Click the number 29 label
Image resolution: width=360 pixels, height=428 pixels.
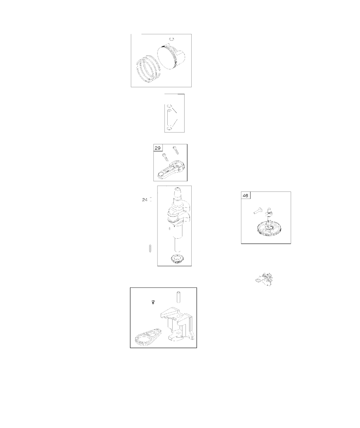pos(157,148)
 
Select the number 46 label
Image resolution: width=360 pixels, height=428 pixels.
pos(245,196)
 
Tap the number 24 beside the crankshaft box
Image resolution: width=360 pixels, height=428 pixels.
pos(144,200)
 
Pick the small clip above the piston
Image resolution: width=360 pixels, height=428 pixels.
pos(172,39)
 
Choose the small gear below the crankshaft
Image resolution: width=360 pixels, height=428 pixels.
pos(176,259)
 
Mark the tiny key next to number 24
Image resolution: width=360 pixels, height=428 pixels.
pos(151,199)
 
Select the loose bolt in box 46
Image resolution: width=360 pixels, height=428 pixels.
pos(258,210)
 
